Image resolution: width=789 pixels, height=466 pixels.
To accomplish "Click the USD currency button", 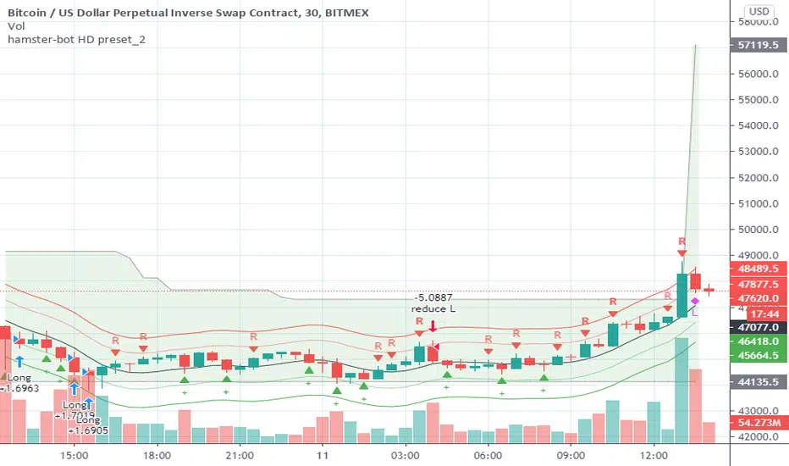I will click(759, 12).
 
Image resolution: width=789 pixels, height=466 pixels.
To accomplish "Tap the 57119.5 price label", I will click(759, 47).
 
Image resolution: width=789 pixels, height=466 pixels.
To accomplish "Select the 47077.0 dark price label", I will click(759, 326).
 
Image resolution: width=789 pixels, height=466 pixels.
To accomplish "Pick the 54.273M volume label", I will click(759, 421).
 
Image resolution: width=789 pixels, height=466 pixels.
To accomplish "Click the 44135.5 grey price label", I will click(759, 382).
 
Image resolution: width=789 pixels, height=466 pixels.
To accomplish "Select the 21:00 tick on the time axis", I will click(240, 454).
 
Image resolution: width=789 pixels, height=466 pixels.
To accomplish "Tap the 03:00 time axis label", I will click(406, 454).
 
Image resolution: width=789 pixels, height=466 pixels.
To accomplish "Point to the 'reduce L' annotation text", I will click(433, 309).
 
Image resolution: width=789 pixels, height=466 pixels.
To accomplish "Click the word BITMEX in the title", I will click(350, 11).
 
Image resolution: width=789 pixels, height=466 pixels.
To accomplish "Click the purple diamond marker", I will click(695, 301).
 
